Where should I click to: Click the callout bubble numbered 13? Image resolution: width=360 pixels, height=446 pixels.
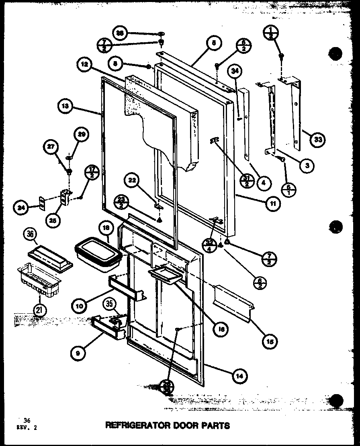click(x=65, y=107)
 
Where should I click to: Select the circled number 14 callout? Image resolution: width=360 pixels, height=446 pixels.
click(x=239, y=376)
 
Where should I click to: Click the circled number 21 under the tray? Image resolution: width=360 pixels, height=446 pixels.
click(x=40, y=310)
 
